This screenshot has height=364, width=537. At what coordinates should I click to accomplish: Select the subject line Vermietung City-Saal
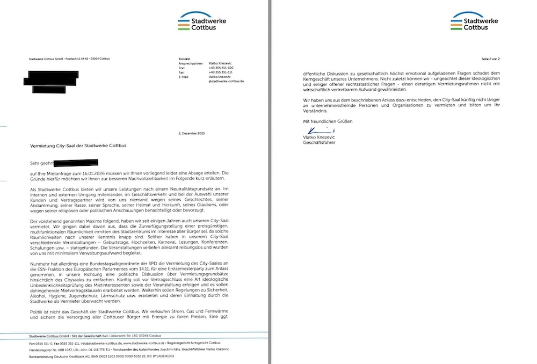point(77,146)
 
